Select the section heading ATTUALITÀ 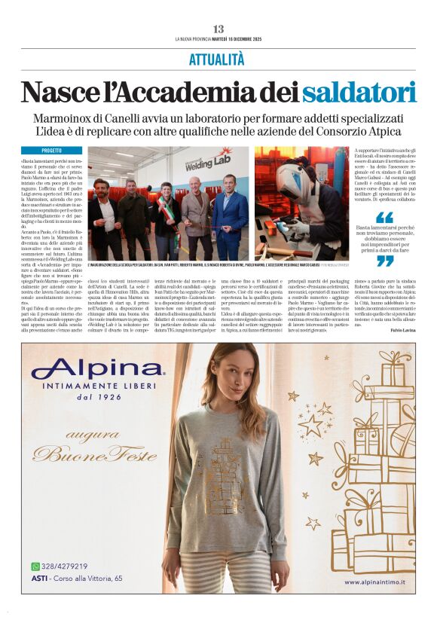coord(217,58)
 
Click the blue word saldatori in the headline coord(359,91)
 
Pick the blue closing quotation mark coord(385,261)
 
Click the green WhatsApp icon coord(35,567)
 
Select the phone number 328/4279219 coord(65,567)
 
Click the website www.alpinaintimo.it coord(374,582)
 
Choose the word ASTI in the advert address coord(41,578)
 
